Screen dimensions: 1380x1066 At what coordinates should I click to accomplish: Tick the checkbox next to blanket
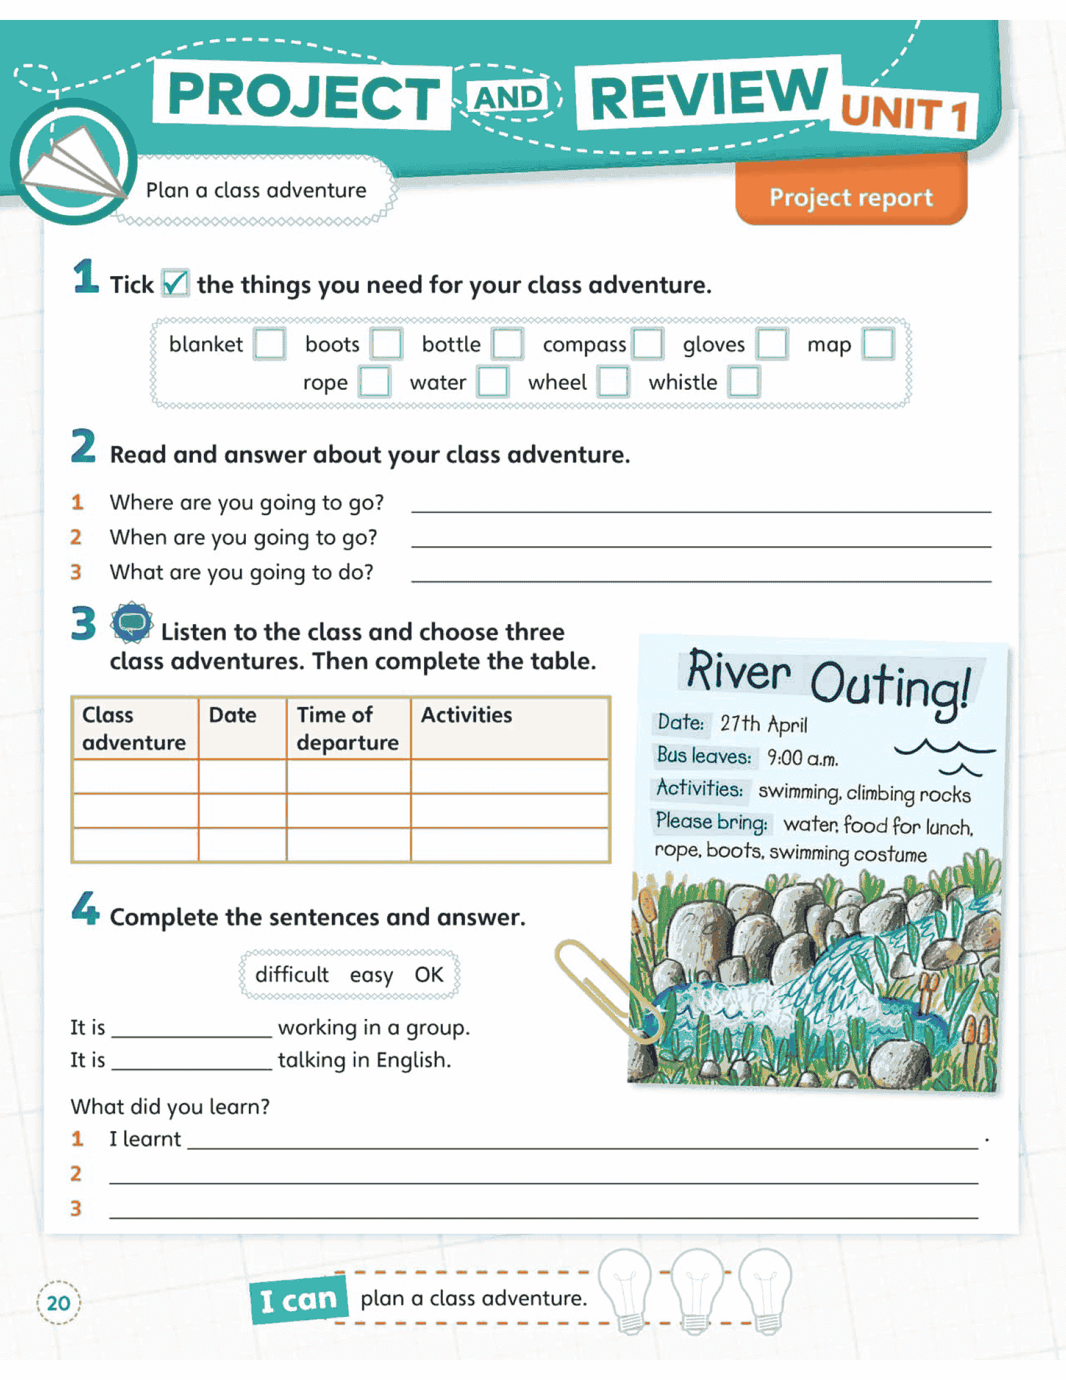269,344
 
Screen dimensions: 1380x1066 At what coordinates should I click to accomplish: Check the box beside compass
647,344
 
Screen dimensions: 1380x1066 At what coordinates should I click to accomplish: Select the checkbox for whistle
744,382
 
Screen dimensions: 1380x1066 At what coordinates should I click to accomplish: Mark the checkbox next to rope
374,382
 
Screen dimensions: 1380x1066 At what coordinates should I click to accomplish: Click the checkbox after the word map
878,344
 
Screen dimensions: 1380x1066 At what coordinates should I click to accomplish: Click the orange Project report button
850,197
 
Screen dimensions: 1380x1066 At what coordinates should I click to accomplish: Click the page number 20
59,1303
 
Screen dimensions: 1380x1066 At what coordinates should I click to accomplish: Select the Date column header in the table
233,715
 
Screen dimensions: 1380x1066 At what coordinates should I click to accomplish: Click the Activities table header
466,715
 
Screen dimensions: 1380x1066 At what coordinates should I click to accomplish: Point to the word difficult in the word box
291,975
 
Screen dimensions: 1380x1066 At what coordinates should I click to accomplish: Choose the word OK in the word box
428,975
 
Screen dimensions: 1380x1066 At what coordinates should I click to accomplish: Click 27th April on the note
763,724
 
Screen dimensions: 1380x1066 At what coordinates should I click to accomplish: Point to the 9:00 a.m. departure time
802,758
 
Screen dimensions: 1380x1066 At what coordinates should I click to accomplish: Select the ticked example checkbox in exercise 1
175,283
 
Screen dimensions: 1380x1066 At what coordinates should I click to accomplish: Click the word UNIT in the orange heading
890,113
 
